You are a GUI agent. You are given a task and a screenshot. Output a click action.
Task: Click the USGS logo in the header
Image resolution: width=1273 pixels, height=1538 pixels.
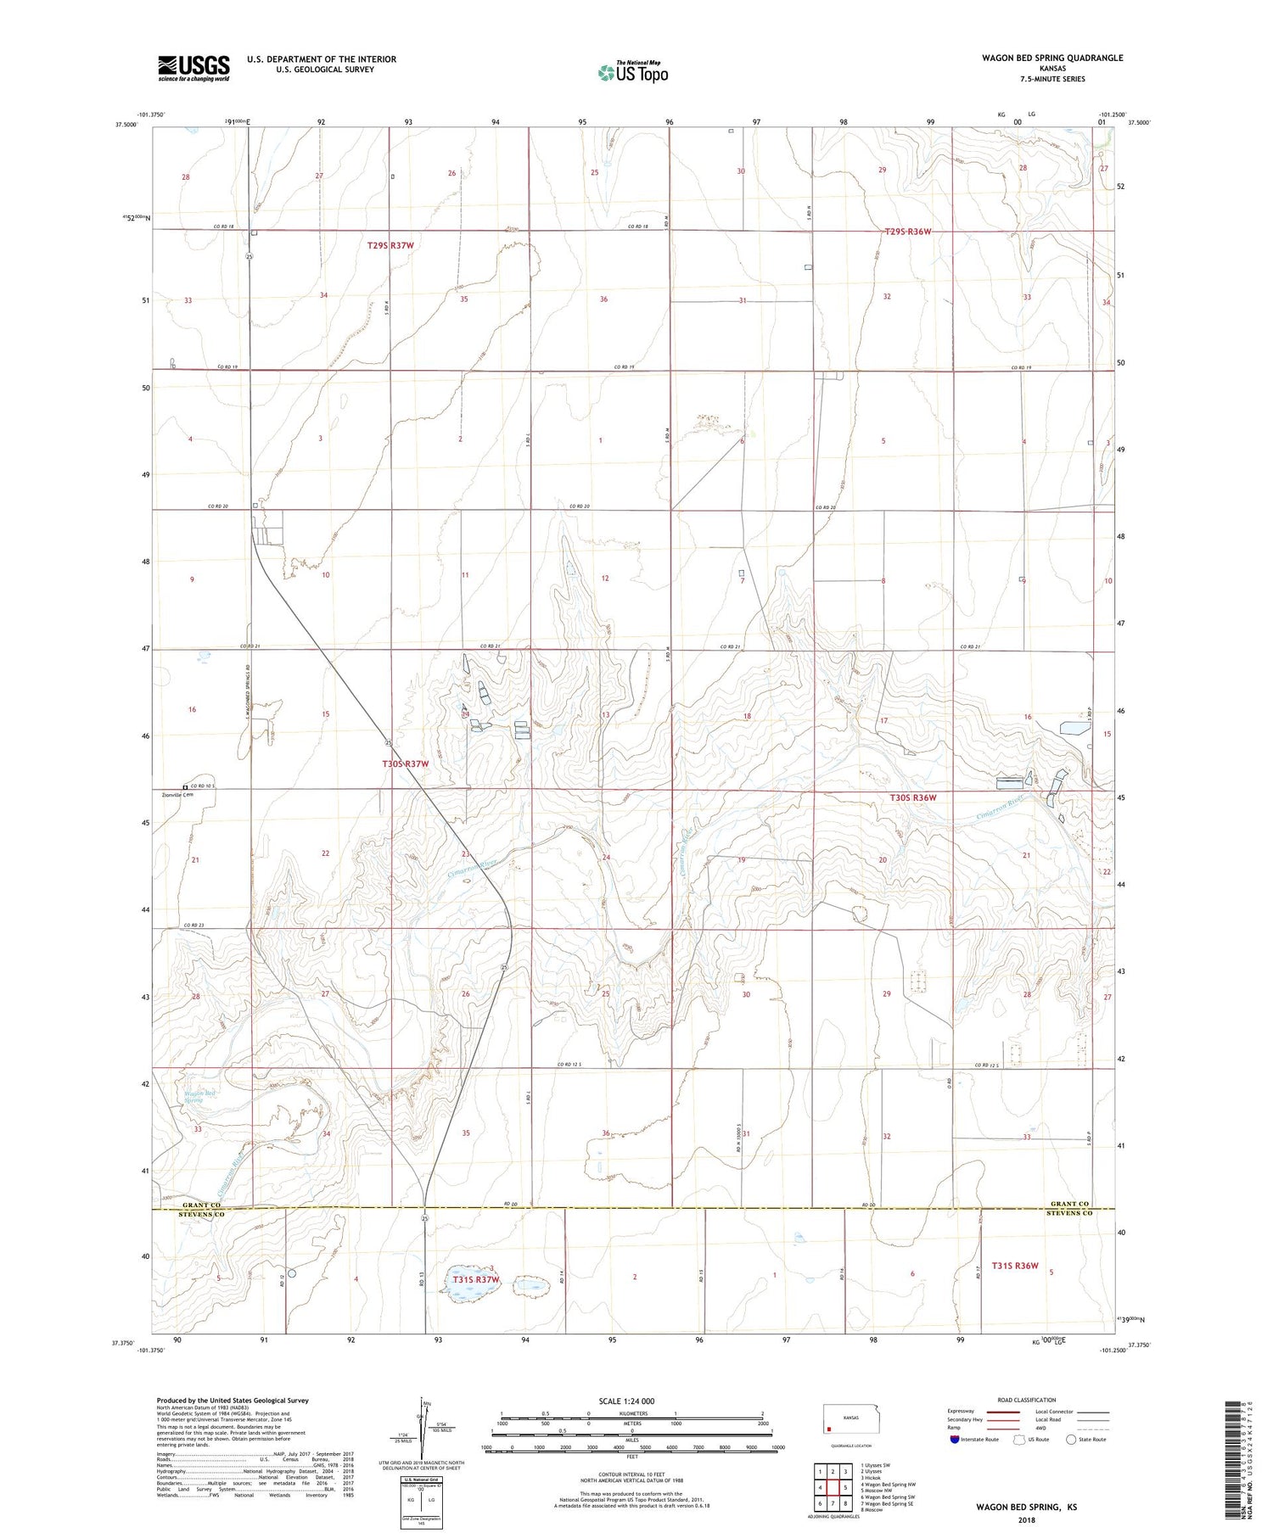coord(193,68)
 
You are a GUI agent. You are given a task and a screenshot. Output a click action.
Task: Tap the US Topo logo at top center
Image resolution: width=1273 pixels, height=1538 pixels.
coord(633,73)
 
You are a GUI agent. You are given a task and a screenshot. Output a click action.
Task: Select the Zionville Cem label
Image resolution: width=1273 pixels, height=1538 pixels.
coord(178,795)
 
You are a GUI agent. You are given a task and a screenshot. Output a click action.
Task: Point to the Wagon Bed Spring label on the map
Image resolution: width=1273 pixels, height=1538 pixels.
coord(200,1097)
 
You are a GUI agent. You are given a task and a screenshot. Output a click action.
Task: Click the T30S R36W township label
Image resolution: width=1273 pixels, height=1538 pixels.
coord(912,797)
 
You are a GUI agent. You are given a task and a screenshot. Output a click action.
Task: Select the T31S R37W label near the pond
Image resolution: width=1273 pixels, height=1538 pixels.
coord(475,1279)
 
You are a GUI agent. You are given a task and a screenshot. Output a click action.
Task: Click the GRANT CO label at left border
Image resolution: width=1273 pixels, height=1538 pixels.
coord(202,1205)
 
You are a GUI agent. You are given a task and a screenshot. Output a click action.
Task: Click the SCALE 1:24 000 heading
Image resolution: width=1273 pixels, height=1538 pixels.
coord(626,1401)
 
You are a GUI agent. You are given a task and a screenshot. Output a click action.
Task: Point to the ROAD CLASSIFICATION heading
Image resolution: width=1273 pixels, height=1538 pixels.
coord(1026,1400)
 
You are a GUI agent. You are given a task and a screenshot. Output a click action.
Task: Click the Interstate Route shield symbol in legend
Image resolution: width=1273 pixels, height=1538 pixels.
coord(955,1440)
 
